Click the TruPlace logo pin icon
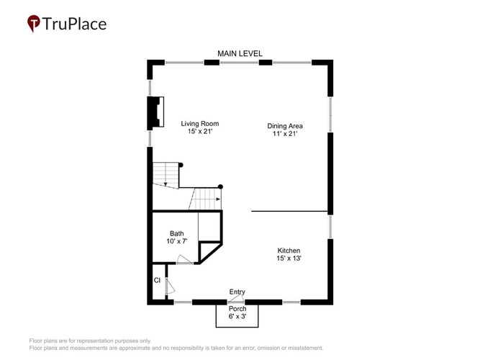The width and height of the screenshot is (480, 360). click(33, 23)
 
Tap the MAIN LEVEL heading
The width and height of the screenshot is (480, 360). click(240, 53)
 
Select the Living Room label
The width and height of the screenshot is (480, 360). click(199, 123)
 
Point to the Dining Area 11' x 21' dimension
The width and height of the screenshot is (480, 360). click(285, 134)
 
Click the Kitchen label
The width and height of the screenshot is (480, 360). click(289, 251)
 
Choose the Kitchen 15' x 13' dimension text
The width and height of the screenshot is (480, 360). click(289, 258)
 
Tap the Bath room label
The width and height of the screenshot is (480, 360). click(176, 233)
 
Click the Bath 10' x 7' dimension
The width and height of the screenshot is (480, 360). click(176, 241)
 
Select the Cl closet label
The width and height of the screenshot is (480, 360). click(157, 280)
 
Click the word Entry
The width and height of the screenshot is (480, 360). click(237, 292)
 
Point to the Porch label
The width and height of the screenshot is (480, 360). click(237, 309)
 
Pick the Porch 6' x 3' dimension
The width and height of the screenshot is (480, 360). click(237, 316)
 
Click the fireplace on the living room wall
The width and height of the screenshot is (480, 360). click(156, 112)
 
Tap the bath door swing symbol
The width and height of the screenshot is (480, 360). click(184, 259)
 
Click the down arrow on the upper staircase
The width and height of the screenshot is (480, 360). click(166, 184)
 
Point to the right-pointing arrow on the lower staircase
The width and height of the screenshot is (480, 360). click(218, 199)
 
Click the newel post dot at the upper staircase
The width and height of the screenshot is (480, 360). click(181, 165)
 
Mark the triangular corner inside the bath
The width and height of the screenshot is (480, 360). click(210, 253)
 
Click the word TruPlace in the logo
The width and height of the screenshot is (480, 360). click(74, 24)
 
